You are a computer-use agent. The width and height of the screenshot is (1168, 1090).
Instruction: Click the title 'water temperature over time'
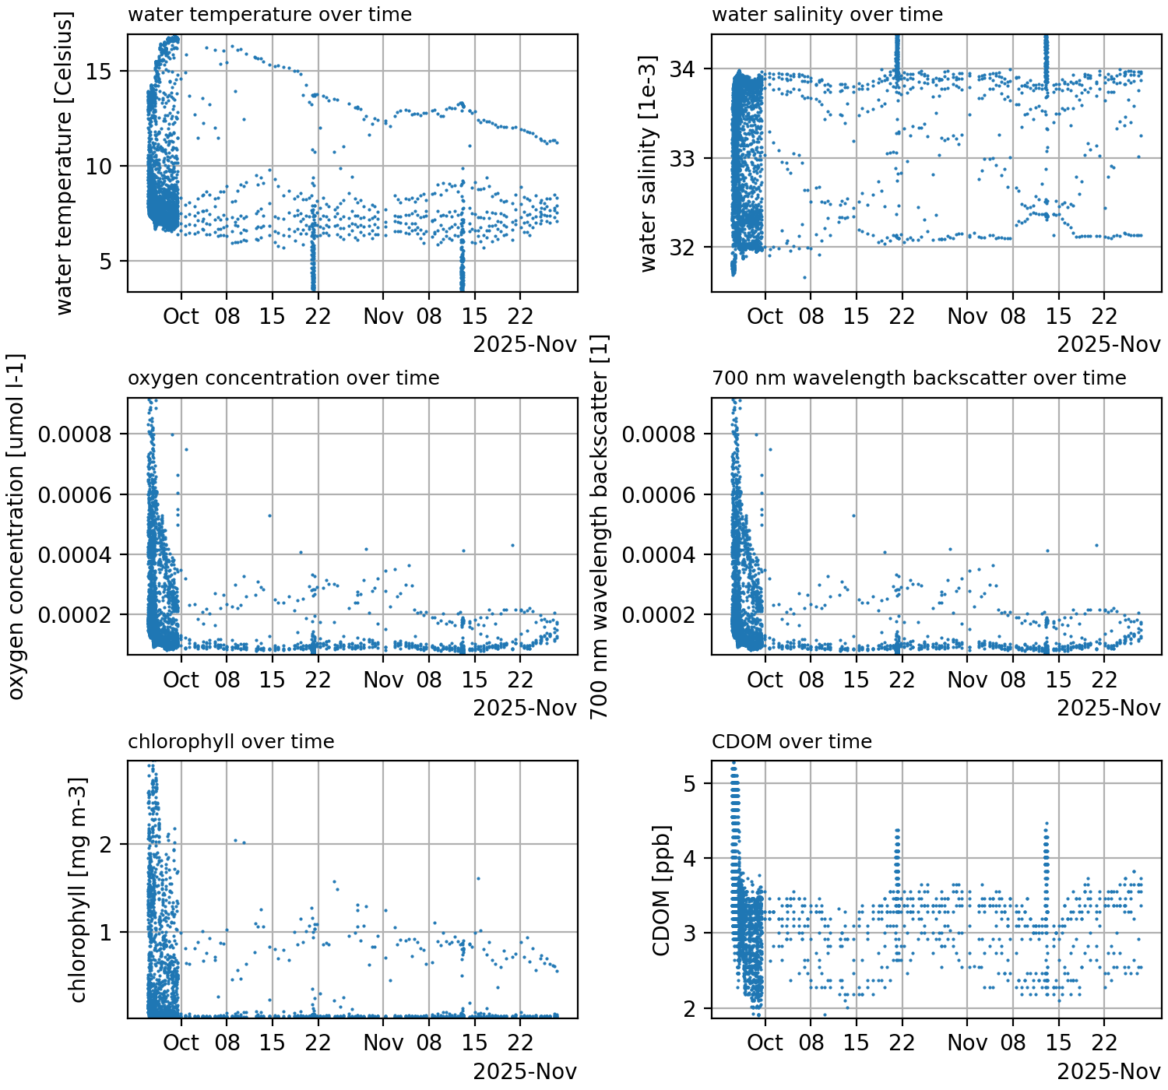269,15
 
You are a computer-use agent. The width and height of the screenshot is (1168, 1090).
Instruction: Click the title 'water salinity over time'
827,15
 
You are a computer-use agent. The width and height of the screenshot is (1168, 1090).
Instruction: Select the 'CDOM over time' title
791,742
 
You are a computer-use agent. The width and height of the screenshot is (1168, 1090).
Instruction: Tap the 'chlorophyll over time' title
230,742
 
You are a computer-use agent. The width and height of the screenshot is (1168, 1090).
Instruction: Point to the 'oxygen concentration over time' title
283,378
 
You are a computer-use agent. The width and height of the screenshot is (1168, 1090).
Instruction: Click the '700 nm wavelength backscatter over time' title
919,378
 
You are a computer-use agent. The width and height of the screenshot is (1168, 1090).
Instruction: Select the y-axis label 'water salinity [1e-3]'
648,163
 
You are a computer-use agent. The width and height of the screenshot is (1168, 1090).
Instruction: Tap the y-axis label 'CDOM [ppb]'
660,891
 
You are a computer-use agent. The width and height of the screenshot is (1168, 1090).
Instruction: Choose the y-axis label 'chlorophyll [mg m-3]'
78,891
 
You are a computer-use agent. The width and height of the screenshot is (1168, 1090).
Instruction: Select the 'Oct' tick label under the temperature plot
181,317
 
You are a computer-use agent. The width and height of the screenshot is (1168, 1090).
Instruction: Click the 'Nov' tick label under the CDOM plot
967,1043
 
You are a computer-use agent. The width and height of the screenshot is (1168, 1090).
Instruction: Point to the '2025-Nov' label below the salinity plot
1109,345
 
